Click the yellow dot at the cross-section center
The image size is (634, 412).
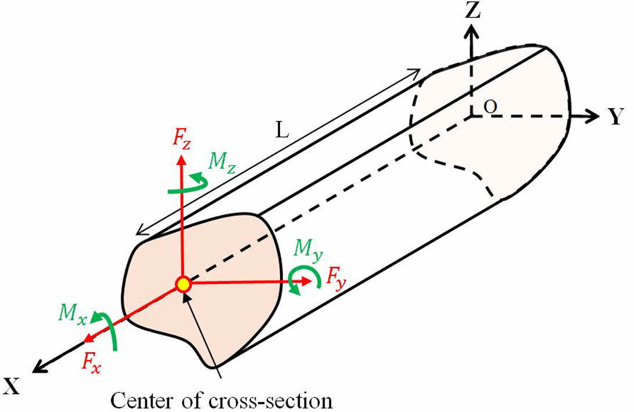tap(183, 284)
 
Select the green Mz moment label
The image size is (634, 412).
tap(222, 162)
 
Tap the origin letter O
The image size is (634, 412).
tap(492, 107)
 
